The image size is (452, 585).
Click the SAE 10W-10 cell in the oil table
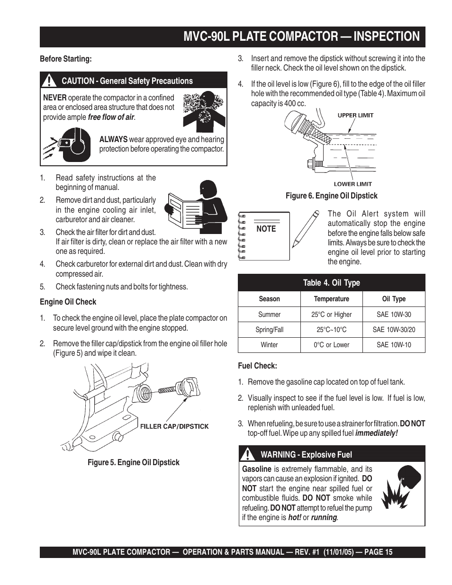(394, 345)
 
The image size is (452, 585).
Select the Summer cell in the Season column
(269, 315)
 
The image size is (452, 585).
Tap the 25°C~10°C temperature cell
(332, 330)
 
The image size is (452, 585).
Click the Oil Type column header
(394, 299)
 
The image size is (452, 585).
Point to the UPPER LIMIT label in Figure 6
(355, 115)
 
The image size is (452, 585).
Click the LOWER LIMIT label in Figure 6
(353, 184)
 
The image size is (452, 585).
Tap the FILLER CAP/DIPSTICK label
(174, 426)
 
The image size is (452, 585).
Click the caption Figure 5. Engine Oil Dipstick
(134, 462)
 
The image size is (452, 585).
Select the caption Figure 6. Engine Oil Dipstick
(331, 196)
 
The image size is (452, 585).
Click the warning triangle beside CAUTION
(50, 81)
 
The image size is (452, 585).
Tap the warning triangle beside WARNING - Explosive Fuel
(247, 454)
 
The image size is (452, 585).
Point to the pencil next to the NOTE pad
(305, 230)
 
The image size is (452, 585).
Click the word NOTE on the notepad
(266, 229)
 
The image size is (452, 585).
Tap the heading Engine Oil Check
(68, 302)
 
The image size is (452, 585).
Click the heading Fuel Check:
(257, 366)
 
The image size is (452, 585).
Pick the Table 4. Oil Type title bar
(331, 283)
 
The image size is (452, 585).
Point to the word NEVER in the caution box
(54, 98)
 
